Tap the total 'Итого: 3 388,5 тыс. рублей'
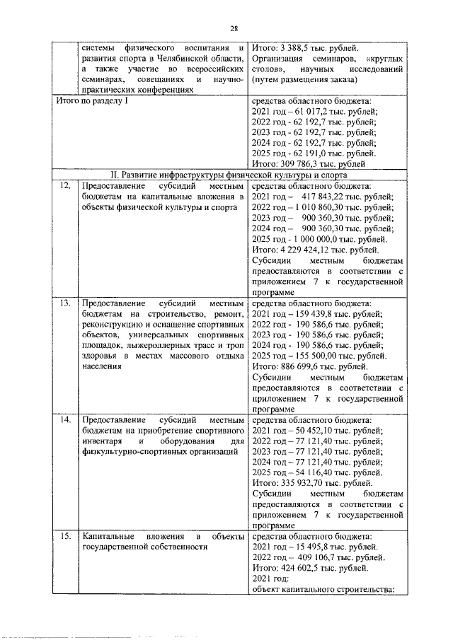coord(305,47)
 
